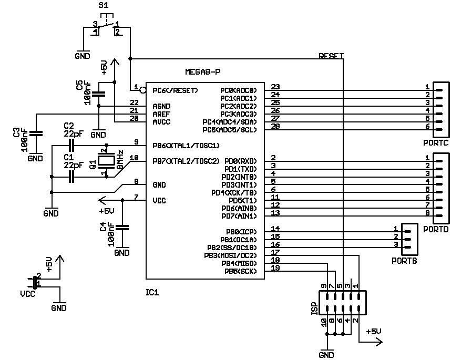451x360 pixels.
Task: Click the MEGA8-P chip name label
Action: [203, 72]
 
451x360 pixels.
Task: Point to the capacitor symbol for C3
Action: [35, 133]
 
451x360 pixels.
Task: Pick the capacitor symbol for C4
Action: [122, 228]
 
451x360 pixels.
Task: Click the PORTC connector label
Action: [435, 142]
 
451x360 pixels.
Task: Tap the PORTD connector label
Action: [435, 229]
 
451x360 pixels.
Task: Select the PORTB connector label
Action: [404, 261]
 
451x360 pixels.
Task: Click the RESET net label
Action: [331, 56]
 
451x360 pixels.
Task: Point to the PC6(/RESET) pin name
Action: [175, 90]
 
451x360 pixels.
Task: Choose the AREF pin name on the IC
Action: [161, 114]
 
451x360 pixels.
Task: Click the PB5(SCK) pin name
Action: [240, 271]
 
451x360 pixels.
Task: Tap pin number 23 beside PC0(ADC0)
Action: [275, 87]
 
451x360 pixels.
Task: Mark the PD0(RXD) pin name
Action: [240, 161]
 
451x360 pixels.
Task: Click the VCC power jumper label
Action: [27, 294]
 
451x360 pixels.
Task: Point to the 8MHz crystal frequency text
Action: [120, 160]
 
